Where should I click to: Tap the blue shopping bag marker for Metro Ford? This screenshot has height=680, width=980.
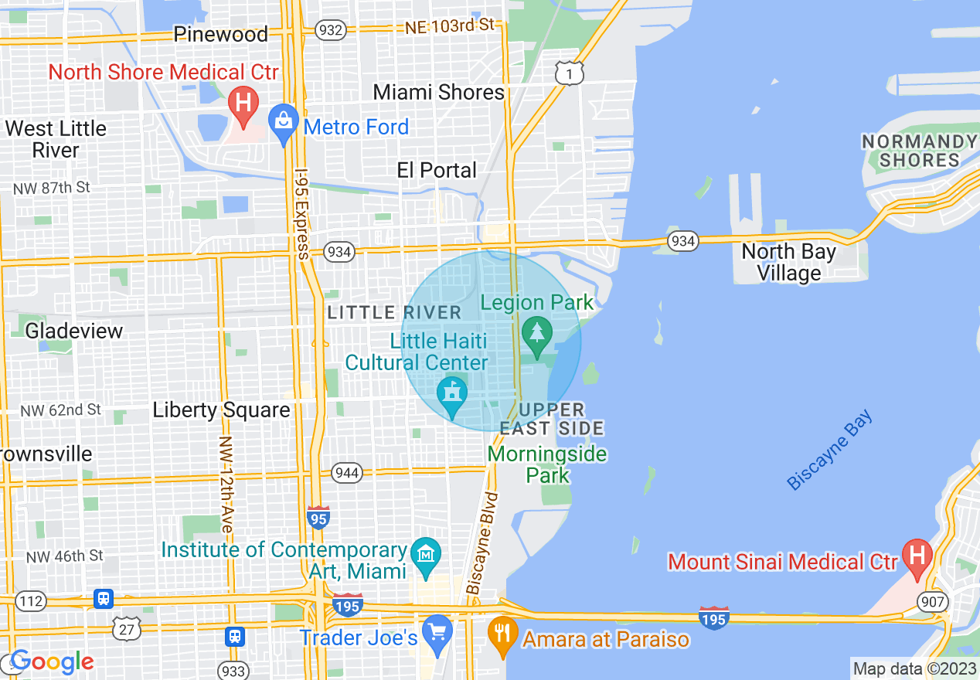click(x=284, y=123)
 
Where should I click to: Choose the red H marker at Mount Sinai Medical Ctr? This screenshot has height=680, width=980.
click(x=917, y=557)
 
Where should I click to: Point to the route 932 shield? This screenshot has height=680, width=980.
click(x=330, y=30)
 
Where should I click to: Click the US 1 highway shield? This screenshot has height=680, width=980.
click(x=569, y=73)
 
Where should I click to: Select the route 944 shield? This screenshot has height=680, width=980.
click(x=347, y=472)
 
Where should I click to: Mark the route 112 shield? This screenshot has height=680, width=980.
click(x=31, y=600)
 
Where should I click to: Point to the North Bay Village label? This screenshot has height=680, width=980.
click(x=788, y=263)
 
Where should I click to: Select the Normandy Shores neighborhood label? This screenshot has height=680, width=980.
click(x=919, y=151)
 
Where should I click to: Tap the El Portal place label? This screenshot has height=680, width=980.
click(x=437, y=170)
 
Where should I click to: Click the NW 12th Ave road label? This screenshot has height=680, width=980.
click(x=226, y=484)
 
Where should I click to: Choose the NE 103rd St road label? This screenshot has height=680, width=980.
click(x=449, y=26)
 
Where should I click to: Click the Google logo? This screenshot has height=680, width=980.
click(x=52, y=661)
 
